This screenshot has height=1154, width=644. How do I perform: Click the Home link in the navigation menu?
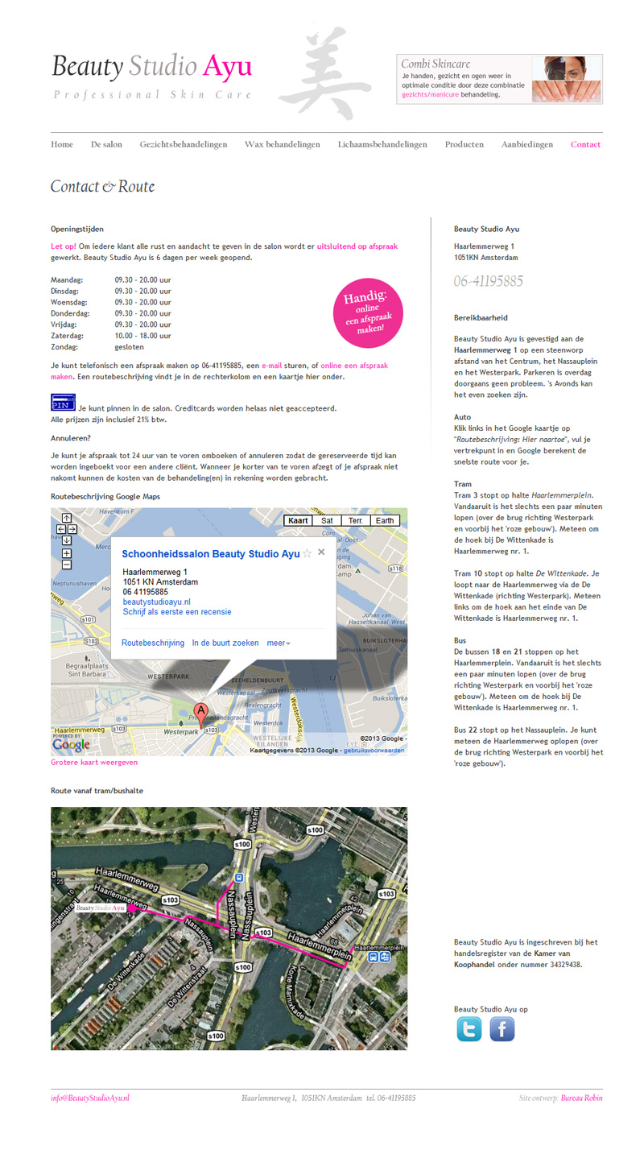pyautogui.click(x=62, y=145)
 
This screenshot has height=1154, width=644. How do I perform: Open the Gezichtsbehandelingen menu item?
pyautogui.click(x=184, y=145)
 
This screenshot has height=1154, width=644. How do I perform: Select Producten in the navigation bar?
pyautogui.click(x=464, y=145)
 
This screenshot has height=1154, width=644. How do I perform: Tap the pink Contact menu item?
pyautogui.click(x=585, y=145)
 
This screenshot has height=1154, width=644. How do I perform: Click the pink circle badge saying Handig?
pyautogui.click(x=368, y=313)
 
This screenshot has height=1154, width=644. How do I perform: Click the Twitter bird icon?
pyautogui.click(x=469, y=1029)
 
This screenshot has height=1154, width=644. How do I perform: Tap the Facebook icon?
pyautogui.click(x=502, y=1029)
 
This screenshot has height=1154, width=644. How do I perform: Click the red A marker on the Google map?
pyautogui.click(x=200, y=711)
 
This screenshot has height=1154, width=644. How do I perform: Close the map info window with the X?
pyautogui.click(x=321, y=552)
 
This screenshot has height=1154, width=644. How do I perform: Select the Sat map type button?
pyautogui.click(x=327, y=521)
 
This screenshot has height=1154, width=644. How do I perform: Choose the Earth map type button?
pyautogui.click(x=385, y=521)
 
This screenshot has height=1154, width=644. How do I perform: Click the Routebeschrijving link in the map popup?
pyautogui.click(x=153, y=643)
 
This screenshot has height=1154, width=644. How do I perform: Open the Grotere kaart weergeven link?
pyautogui.click(x=94, y=763)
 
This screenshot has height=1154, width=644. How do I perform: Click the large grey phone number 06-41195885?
pyautogui.click(x=489, y=281)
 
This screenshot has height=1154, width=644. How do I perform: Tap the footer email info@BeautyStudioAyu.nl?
pyautogui.click(x=90, y=1098)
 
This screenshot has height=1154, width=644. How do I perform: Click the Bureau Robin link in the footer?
pyautogui.click(x=581, y=1098)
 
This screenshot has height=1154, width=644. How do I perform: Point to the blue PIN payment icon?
pyautogui.click(x=63, y=403)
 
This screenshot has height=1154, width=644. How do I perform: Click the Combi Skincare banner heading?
pyautogui.click(x=436, y=64)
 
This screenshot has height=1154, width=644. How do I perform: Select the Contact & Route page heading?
pyautogui.click(x=102, y=187)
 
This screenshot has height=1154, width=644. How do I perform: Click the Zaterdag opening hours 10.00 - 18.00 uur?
pyautogui.click(x=142, y=336)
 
